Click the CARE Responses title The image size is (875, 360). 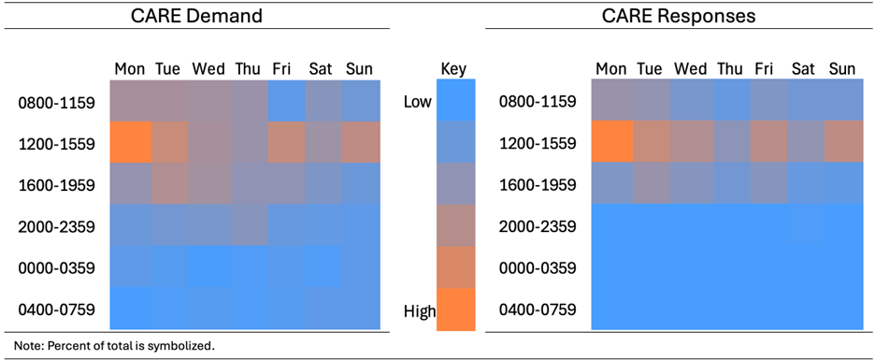coord(679,16)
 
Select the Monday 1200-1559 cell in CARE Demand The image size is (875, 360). coord(130,142)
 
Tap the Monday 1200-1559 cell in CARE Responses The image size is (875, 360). coord(611,142)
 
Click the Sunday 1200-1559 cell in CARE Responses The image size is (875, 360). coord(841,142)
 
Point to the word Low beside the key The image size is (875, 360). coord(417,101)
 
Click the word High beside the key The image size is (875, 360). coord(420,310)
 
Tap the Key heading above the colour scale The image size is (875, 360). coord(452,69)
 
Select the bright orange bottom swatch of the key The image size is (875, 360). coord(456,309)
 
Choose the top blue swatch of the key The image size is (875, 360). coord(456,98)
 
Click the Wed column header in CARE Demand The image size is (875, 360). coord(208,69)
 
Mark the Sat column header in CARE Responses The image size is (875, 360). coord(803,69)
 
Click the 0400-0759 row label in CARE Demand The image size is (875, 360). coord(56,310)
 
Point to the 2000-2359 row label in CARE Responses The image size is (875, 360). coord(538,226)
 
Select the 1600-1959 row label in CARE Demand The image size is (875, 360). coord(56,184)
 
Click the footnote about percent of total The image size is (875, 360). coord(114,345)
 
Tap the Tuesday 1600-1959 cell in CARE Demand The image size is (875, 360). coord(169,184)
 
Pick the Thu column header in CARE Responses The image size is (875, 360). coord(729,69)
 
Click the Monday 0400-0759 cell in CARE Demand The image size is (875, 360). coord(130,309)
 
